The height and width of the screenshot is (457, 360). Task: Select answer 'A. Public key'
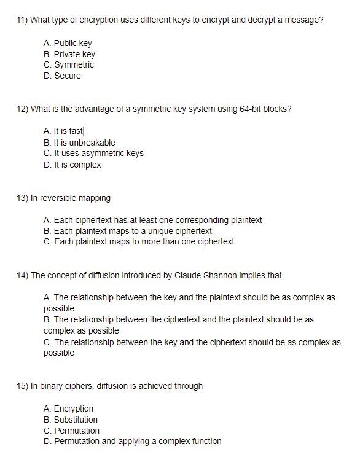tap(68, 43)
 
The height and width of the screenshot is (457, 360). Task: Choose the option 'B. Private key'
tap(69, 54)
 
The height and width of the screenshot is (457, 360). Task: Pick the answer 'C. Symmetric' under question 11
tap(69, 65)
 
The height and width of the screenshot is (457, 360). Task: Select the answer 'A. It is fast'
tap(64, 131)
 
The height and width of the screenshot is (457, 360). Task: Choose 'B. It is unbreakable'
tap(79, 143)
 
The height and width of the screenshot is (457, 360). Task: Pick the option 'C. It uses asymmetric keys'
tap(93, 154)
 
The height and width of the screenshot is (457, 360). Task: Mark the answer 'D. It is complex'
tap(72, 165)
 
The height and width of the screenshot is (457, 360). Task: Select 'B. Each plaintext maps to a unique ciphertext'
tap(128, 231)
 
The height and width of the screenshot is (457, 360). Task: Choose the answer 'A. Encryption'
tap(68, 408)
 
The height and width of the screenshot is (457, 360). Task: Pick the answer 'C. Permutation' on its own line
tap(71, 431)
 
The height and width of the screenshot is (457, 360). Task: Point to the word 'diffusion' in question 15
tap(114, 386)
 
